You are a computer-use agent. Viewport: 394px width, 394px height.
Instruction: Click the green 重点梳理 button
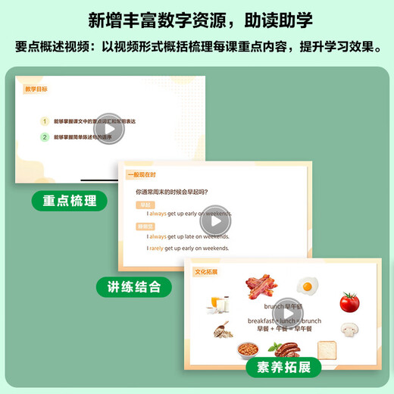70,201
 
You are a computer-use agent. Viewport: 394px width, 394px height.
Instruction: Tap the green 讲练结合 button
134,286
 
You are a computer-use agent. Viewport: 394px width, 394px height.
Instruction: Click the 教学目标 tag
36,89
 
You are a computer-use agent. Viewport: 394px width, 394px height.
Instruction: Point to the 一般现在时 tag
140,175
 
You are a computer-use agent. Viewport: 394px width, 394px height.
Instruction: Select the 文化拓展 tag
205,271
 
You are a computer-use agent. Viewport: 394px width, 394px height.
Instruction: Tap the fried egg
306,286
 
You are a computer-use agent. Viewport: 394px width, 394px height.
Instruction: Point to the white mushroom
349,330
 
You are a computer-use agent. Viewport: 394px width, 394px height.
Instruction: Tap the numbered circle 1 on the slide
45,120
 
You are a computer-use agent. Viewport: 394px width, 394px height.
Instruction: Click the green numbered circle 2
45,137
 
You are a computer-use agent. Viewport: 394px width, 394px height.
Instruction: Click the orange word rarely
157,248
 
